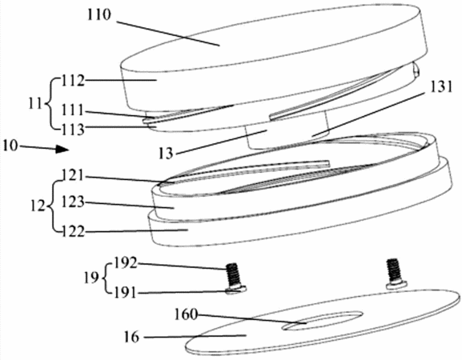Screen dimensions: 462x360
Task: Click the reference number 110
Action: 99,14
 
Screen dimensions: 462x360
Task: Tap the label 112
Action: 73,80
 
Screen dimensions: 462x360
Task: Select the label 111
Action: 73,110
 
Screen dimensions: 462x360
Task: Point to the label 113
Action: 73,129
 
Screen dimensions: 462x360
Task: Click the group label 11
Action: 35,104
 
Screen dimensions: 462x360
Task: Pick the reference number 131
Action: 440,87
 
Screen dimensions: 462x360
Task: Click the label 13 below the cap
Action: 166,154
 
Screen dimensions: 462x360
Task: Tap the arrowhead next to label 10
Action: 62,149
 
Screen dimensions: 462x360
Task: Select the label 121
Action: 73,176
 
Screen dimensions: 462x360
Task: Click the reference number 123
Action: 73,202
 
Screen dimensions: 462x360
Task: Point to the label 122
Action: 73,232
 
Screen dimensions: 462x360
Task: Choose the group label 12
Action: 38,206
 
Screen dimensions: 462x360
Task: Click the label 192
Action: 125,263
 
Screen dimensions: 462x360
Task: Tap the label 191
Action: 125,293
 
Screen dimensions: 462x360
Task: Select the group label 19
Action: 90,278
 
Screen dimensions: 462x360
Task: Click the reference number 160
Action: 186,314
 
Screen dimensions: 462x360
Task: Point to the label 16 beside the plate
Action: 131,337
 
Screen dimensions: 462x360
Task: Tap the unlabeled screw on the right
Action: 395,273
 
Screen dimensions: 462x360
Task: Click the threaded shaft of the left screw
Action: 233,274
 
